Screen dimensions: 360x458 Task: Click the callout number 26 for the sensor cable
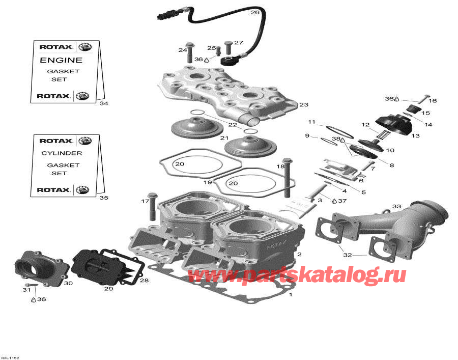pyautogui.click(x=255, y=12)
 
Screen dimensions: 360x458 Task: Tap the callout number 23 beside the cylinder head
pyautogui.click(x=304, y=105)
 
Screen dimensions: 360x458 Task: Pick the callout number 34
pyautogui.click(x=104, y=104)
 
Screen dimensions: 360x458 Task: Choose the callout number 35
pyautogui.click(x=104, y=198)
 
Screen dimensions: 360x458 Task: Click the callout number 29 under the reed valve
pyautogui.click(x=108, y=289)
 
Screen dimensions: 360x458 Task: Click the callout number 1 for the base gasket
pyautogui.click(x=291, y=295)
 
